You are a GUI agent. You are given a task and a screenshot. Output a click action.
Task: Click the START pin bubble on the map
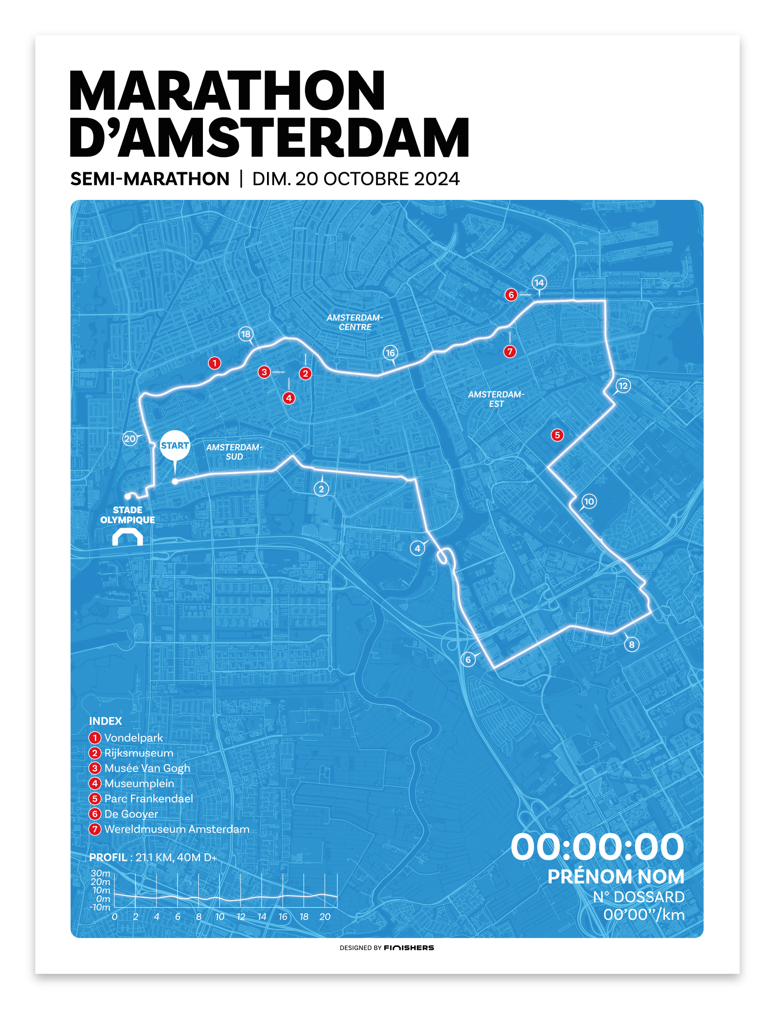click(175, 445)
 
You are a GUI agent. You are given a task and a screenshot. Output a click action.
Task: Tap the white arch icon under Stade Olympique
click(128, 537)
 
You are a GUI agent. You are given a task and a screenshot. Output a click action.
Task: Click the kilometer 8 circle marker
click(631, 645)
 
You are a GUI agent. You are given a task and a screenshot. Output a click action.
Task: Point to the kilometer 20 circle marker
click(130, 439)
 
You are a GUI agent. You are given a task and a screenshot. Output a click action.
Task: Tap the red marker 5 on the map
click(557, 435)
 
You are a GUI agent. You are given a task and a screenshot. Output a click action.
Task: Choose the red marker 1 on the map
click(214, 363)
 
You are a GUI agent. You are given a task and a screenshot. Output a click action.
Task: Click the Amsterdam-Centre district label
click(355, 322)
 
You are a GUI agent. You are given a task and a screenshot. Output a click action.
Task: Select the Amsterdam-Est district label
click(496, 399)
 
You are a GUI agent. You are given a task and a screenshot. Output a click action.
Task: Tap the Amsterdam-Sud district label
click(234, 452)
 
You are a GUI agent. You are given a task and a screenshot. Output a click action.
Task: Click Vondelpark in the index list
click(133, 738)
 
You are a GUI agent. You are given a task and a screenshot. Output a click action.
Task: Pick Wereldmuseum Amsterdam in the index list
click(177, 829)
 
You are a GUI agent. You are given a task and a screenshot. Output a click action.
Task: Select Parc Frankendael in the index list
click(149, 799)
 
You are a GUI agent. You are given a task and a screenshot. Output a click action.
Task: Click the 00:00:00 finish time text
click(597, 847)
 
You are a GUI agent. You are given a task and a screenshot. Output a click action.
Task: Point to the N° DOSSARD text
click(638, 897)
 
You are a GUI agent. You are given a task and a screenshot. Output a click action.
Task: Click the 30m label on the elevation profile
click(101, 873)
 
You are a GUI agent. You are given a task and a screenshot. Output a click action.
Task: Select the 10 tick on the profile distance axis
click(219, 917)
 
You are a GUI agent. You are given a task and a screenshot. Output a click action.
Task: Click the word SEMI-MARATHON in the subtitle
click(150, 179)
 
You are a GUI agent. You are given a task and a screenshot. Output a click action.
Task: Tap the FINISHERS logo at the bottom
click(409, 948)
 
